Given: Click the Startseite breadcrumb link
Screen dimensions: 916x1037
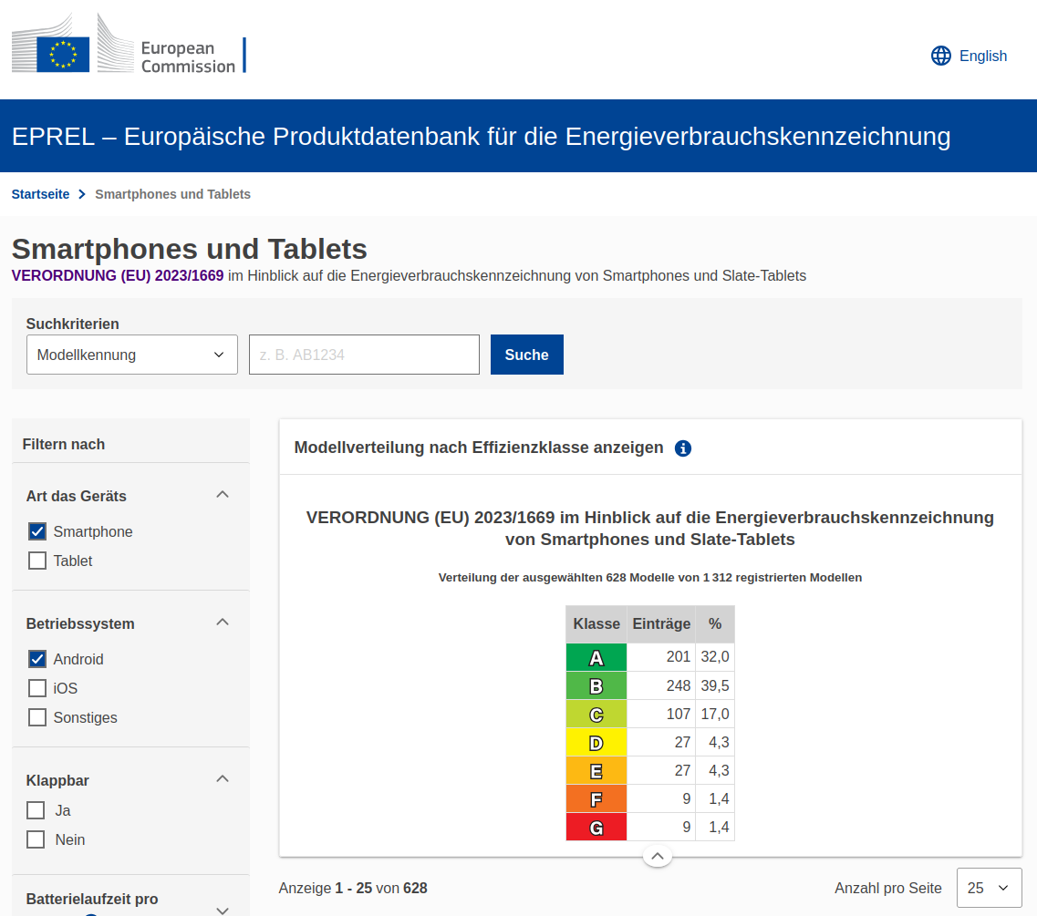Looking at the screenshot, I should click(40, 194).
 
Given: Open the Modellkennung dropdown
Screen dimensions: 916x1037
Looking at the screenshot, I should click(132, 355).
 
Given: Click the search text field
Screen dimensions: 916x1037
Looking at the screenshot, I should click(364, 355).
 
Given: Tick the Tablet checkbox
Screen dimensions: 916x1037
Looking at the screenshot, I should click(37, 561).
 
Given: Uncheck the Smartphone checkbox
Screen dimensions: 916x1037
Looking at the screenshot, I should click(37, 531).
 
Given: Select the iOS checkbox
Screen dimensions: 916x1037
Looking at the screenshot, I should click(37, 688).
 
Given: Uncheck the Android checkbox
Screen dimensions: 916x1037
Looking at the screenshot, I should click(37, 659).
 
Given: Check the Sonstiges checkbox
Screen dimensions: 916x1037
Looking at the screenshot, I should click(37, 717).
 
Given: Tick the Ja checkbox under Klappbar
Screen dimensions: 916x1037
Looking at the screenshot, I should click(36, 810).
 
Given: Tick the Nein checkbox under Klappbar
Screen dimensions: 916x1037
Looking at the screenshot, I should click(36, 839).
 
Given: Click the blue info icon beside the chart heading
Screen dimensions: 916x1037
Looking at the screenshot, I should click(683, 448).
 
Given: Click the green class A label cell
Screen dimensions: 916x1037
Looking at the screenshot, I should click(596, 657).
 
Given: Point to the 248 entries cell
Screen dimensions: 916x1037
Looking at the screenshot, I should click(660, 685).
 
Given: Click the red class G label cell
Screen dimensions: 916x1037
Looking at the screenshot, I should click(596, 827).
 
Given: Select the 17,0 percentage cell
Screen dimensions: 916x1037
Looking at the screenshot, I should click(714, 714).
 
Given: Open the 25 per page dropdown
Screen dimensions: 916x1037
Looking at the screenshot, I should click(989, 888).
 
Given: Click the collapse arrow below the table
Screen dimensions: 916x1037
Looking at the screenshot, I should click(658, 856).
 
